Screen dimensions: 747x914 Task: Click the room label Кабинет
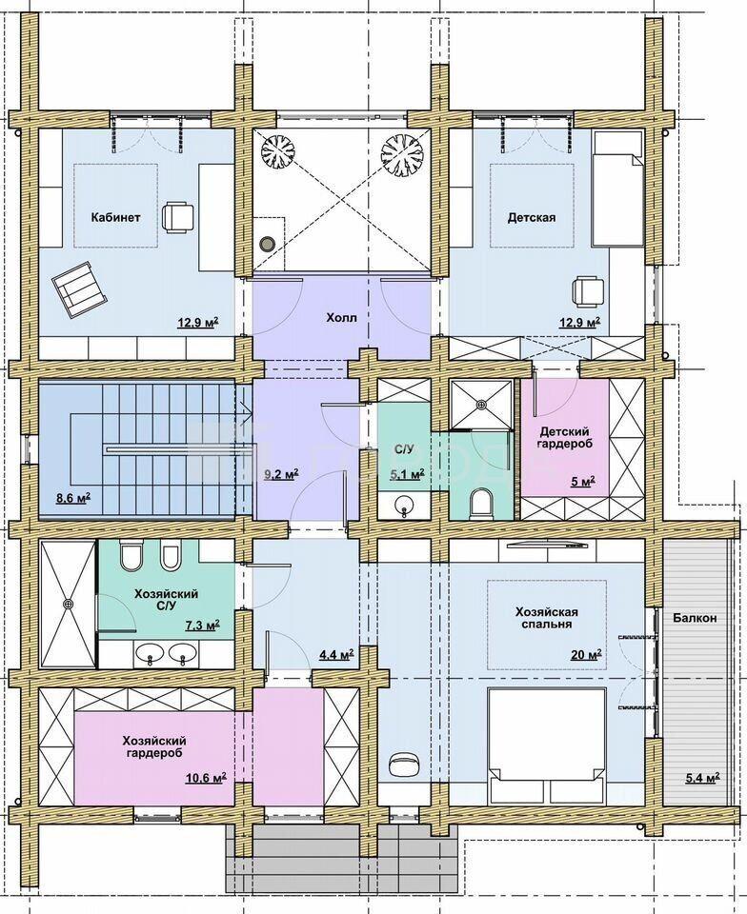pos(115,217)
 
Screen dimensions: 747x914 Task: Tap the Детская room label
pos(532,217)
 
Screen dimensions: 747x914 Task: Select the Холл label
pos(341,318)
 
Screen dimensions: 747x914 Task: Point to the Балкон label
pos(694,618)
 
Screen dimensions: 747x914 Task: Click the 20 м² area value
pos(586,655)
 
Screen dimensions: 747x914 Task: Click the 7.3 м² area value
pos(202,626)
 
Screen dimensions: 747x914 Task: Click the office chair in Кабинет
pos(178,217)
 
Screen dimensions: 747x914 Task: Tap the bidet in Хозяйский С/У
pos(169,556)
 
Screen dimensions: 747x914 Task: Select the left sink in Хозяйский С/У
pos(151,653)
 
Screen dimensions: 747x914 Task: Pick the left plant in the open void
pos(278,151)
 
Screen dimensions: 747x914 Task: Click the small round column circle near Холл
pos(267,243)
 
